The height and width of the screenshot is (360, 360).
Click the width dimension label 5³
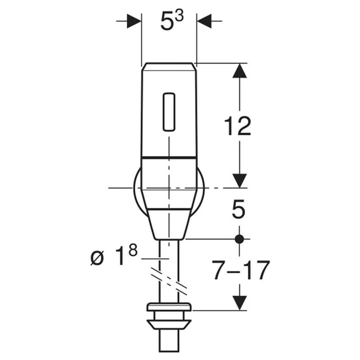(172, 21)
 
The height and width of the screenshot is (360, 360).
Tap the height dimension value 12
(238, 126)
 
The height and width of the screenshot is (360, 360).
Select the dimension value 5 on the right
(239, 209)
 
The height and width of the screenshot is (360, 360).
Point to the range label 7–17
(240, 270)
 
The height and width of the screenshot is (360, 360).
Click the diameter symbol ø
(97, 259)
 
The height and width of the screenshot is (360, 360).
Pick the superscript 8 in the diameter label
(133, 250)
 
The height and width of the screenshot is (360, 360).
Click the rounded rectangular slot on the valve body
(169, 112)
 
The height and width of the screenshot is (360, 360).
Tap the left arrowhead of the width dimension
(134, 21)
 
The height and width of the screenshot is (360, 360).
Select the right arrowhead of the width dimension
(204, 21)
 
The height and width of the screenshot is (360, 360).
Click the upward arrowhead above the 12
(240, 71)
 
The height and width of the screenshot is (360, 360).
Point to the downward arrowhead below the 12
(240, 181)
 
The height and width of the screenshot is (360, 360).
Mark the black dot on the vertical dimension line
(240, 239)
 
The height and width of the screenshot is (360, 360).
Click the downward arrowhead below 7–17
(240, 303)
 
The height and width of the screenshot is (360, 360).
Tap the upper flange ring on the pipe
(169, 307)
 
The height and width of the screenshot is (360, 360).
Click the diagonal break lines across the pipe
(169, 280)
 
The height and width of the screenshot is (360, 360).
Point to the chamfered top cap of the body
(169, 66)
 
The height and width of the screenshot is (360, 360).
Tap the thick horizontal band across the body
(169, 157)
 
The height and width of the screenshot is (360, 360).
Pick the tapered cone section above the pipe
(169, 225)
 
